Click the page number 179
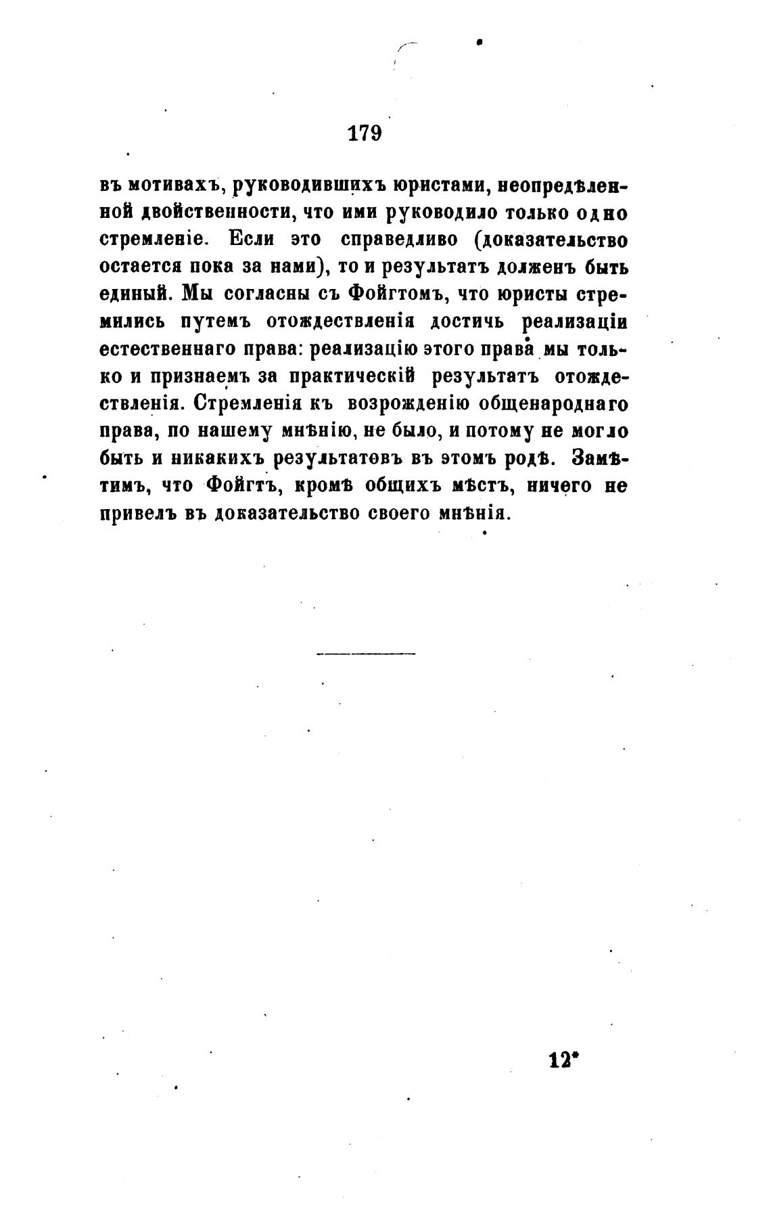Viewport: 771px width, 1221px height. click(x=365, y=133)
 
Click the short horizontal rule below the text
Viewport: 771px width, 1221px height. click(x=365, y=654)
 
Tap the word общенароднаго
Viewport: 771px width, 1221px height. click(x=553, y=404)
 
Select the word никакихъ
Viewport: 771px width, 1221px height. click(x=219, y=458)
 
